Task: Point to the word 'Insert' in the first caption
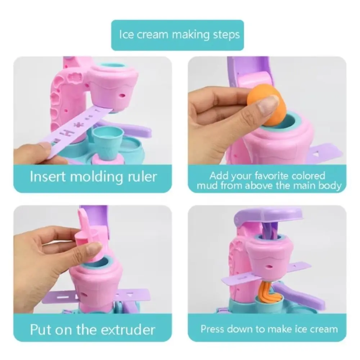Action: (46, 177)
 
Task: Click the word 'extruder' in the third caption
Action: (126, 329)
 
